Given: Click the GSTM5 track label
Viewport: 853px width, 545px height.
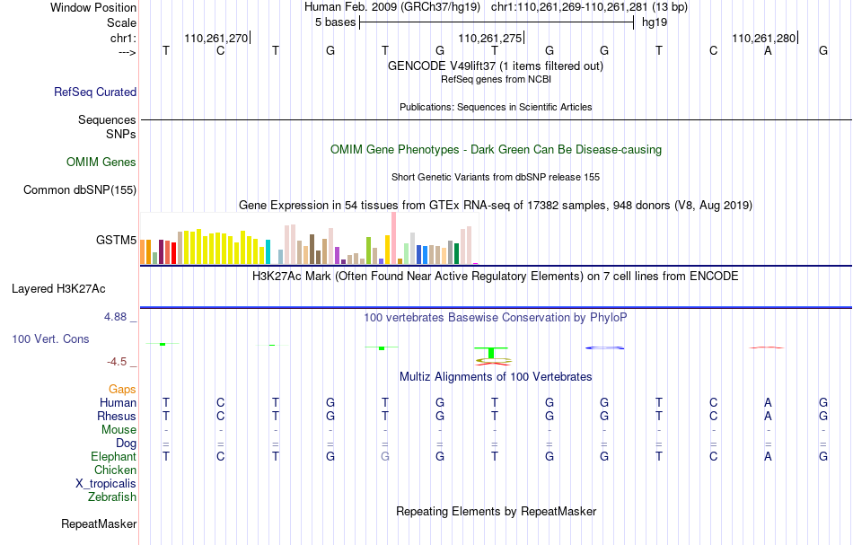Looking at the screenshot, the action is tap(116, 240).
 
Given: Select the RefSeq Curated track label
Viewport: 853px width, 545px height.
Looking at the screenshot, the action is tap(95, 92).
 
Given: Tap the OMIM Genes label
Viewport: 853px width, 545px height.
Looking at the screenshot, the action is tap(101, 163).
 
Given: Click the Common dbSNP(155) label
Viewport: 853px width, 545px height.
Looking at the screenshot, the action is tap(80, 189).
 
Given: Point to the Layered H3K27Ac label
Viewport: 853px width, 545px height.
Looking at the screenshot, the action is tap(58, 289).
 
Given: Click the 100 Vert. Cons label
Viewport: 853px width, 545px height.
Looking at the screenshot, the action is tap(50, 338).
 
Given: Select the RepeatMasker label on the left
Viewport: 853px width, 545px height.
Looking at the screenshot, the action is tap(99, 523).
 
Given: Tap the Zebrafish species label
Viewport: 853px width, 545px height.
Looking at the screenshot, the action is tap(112, 497).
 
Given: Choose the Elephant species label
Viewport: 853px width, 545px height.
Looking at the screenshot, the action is tap(114, 456).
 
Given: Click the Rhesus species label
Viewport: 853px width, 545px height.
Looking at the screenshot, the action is tap(117, 416).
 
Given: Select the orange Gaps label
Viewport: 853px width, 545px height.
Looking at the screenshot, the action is tap(122, 389).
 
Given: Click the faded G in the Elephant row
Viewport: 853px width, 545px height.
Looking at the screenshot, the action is tap(385, 456).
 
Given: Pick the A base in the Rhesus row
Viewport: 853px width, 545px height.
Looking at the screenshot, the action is tap(768, 416).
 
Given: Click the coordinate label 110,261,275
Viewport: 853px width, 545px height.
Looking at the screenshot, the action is tap(490, 38).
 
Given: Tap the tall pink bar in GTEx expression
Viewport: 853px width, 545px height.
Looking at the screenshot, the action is tap(393, 238).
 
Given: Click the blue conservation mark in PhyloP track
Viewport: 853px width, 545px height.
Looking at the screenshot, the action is tap(604, 347).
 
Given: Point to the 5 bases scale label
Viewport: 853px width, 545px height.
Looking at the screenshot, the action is tap(335, 22).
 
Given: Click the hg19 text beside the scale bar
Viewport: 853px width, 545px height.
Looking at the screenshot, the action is tap(655, 22).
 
